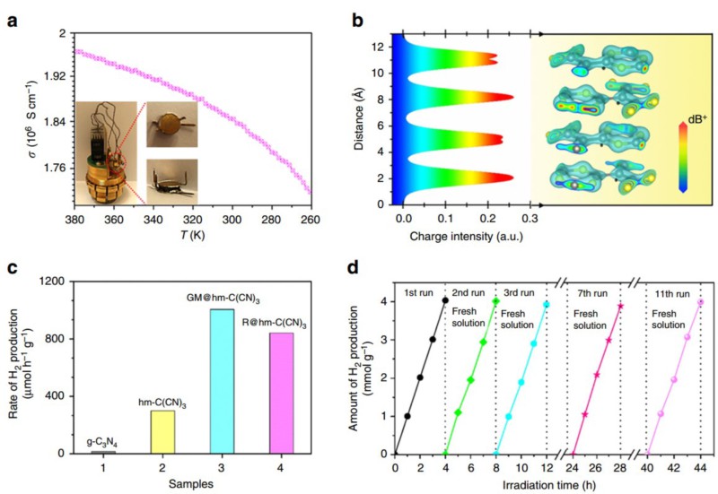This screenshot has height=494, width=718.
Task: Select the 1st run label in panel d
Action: tap(420, 293)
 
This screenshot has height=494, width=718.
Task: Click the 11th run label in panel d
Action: tap(672, 293)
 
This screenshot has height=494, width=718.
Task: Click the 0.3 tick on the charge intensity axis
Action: tap(532, 218)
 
